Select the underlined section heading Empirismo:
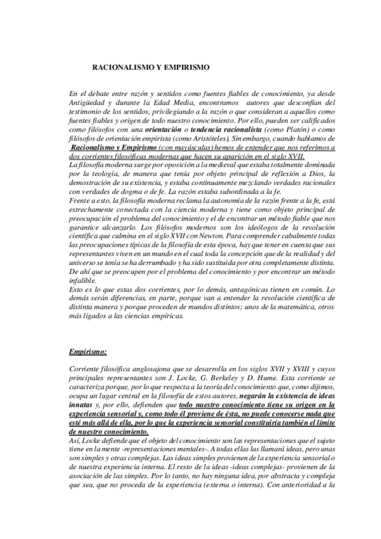(x=89, y=350)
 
